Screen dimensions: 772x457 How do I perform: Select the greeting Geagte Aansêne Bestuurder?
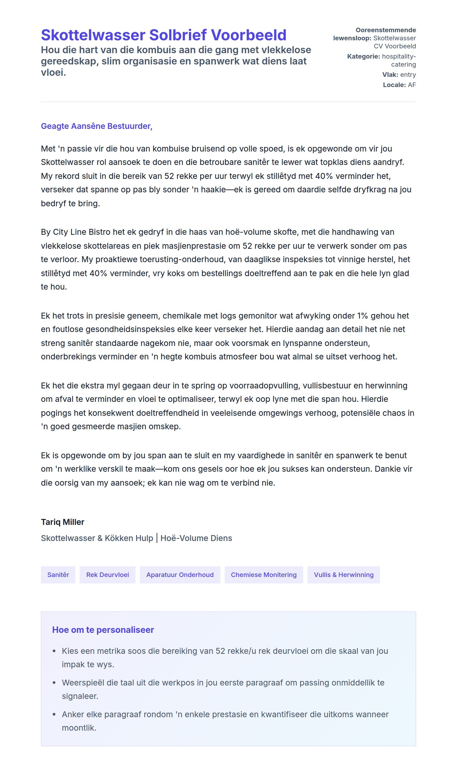coord(97,126)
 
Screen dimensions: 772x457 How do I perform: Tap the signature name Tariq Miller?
coord(63,522)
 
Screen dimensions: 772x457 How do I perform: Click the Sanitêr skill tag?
coord(58,575)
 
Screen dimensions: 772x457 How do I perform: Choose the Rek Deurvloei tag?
coord(108,575)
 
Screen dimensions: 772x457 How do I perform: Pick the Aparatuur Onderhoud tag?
coord(180,575)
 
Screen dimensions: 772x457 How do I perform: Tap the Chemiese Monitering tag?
coord(264,575)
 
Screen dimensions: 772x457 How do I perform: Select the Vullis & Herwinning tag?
coord(344,575)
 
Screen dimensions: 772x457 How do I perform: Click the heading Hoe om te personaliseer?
coord(103,630)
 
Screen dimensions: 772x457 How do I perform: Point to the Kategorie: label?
coord(363,56)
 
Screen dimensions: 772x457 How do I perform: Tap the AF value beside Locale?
coord(412,85)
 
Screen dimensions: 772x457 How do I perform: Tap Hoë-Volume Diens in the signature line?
coord(196,538)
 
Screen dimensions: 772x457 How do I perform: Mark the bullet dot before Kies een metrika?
coord(54,651)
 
